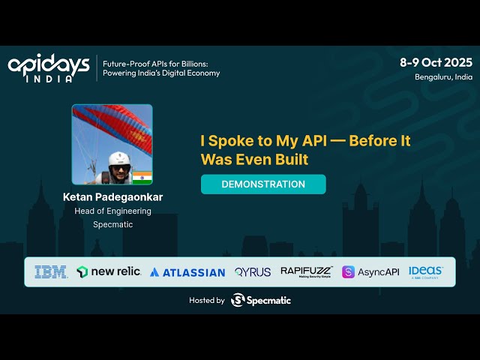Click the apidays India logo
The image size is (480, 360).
coord(48,67)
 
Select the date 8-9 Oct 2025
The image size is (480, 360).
coord(436,63)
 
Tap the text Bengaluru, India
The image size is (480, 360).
coord(443,76)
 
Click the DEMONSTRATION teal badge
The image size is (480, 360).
coord(263,184)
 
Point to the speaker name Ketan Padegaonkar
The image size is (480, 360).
coord(112,197)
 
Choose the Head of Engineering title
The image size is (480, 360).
coord(112,211)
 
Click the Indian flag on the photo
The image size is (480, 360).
coord(142,178)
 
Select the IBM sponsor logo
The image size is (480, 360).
coord(51,272)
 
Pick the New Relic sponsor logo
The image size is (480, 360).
coord(108,271)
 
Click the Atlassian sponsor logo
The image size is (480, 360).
coord(187,272)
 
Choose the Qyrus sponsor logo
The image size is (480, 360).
coord(252,272)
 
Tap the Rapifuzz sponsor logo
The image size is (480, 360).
coord(306,271)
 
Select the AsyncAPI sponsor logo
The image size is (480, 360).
coord(370,271)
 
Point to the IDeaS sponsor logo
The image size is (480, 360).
coord(425,271)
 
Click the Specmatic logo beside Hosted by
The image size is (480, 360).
coord(261,300)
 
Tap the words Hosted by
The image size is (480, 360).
coord(206,300)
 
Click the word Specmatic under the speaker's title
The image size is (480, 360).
coord(112,224)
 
